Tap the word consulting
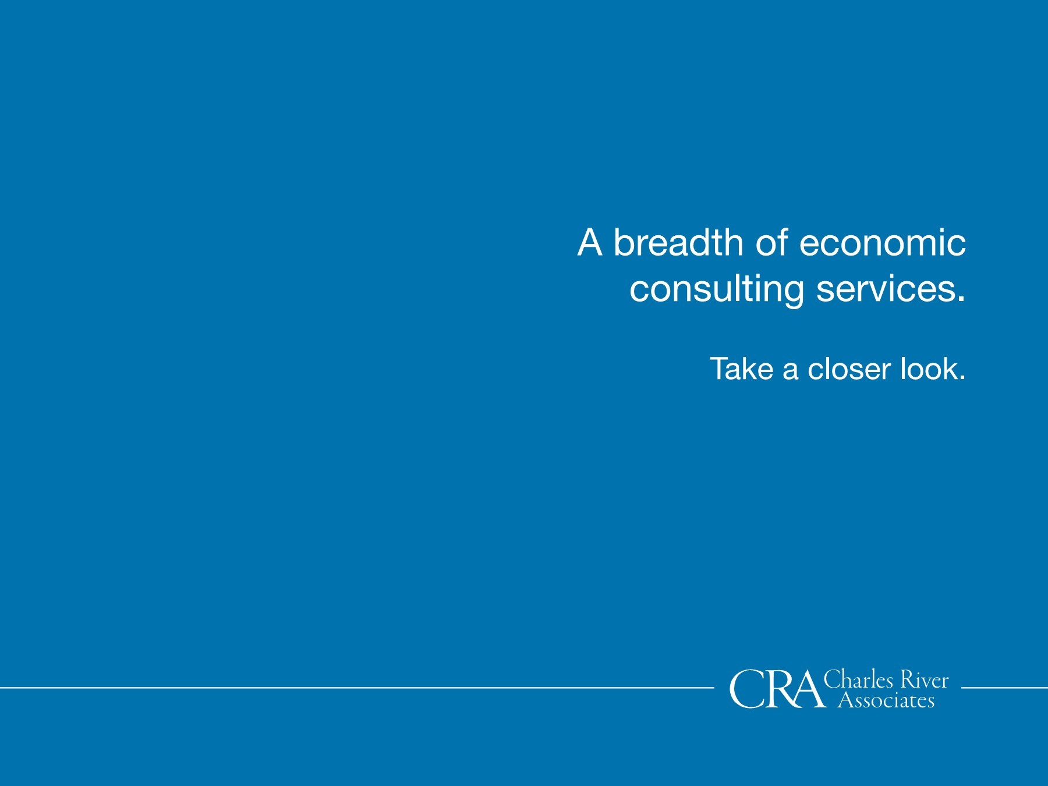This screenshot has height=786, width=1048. coord(717,289)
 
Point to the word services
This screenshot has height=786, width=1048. coord(886,289)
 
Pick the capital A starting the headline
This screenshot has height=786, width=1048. coord(590,242)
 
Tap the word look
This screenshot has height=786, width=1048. coord(929,369)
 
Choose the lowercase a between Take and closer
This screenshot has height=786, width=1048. coord(791,371)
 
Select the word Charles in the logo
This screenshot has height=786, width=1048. coord(858,679)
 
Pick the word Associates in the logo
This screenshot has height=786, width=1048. coord(886,699)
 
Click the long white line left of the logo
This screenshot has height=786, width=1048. coord(357,688)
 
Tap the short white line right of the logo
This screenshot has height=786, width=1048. coord(1004,688)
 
